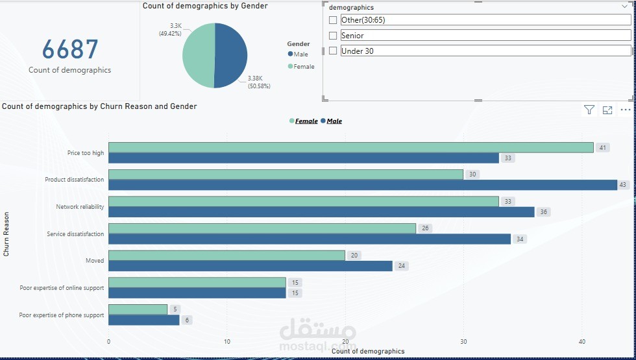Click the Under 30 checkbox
pos(333,51)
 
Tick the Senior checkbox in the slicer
pos(333,36)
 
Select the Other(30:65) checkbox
pos(333,20)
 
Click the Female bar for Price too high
pos(350,147)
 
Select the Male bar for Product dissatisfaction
pos(362,185)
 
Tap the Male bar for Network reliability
pos(321,212)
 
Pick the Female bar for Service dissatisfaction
pos(262,228)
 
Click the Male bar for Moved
pos(250,266)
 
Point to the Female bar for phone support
pos(138,309)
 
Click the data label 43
pos(624,185)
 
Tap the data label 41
pos(602,147)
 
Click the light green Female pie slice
pos(198,55)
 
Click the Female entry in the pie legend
pos(303,67)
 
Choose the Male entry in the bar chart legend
pos(334,121)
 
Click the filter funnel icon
pos(589,110)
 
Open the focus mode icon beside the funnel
pos(607,110)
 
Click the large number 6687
pos(70,50)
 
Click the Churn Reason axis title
pos(6,234)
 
